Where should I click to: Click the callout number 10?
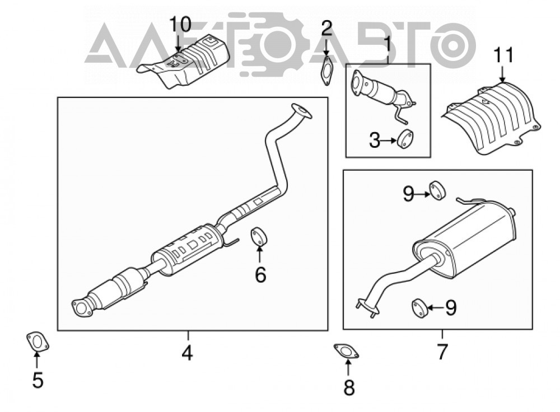180,25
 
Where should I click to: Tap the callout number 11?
503,55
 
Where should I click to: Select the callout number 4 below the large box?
187,353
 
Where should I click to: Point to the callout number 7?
442,352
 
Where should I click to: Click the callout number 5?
38,380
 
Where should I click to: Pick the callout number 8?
348,387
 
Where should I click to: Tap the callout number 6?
260,275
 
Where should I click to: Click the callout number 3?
375,141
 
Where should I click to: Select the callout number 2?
326,28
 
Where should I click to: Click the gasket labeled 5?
38,341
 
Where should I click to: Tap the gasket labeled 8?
346,352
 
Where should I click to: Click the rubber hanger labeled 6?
260,236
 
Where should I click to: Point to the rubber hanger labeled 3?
405,139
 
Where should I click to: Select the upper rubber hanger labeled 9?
437,191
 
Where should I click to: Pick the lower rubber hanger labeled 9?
421,308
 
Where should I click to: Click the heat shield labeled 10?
184,60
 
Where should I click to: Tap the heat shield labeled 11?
491,118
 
